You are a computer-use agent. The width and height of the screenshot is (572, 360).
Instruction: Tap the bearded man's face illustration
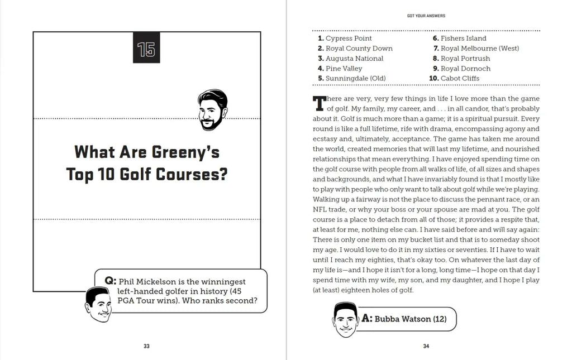coord(212,110)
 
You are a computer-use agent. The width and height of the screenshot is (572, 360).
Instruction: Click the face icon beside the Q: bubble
coord(98,305)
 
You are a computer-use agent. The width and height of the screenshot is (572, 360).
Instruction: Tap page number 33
coord(146,346)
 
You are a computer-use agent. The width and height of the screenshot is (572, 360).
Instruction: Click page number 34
coord(426,346)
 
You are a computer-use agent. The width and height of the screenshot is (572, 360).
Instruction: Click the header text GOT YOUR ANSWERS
coord(426,16)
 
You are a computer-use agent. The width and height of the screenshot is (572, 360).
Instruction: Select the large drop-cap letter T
coord(319,104)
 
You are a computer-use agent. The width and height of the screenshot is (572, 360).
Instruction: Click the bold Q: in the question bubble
coord(109,281)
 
